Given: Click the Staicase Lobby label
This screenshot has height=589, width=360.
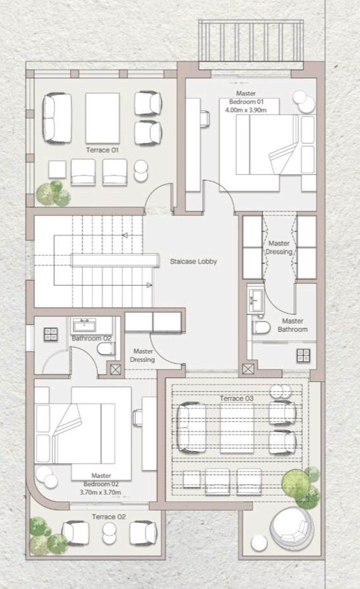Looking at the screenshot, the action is [193, 261].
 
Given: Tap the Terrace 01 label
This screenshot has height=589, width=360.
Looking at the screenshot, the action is [102, 150].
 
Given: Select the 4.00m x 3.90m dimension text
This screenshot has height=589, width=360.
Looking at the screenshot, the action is [246, 110].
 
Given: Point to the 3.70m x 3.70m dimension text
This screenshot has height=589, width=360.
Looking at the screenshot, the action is [100, 492].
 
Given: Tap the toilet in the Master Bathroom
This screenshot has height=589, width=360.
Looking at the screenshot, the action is [261, 328].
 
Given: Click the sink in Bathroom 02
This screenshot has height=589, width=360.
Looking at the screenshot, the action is [84, 325].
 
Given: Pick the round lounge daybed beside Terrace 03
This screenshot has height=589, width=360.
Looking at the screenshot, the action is [292, 529].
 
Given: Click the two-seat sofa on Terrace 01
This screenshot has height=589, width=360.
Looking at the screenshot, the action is [57, 118].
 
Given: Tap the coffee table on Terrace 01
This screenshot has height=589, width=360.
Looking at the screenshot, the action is [103, 118].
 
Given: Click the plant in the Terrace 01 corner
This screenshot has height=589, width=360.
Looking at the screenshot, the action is [54, 194].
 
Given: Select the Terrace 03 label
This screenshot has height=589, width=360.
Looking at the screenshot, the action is [237, 398].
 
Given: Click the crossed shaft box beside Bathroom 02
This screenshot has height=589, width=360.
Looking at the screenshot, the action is [116, 370].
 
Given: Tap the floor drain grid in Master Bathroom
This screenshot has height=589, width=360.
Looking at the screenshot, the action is [303, 356].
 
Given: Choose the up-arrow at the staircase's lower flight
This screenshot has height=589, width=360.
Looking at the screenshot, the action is [149, 285].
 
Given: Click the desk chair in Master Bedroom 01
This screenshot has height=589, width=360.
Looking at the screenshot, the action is [205, 119].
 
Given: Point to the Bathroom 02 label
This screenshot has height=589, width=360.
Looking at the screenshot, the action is [92, 338].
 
